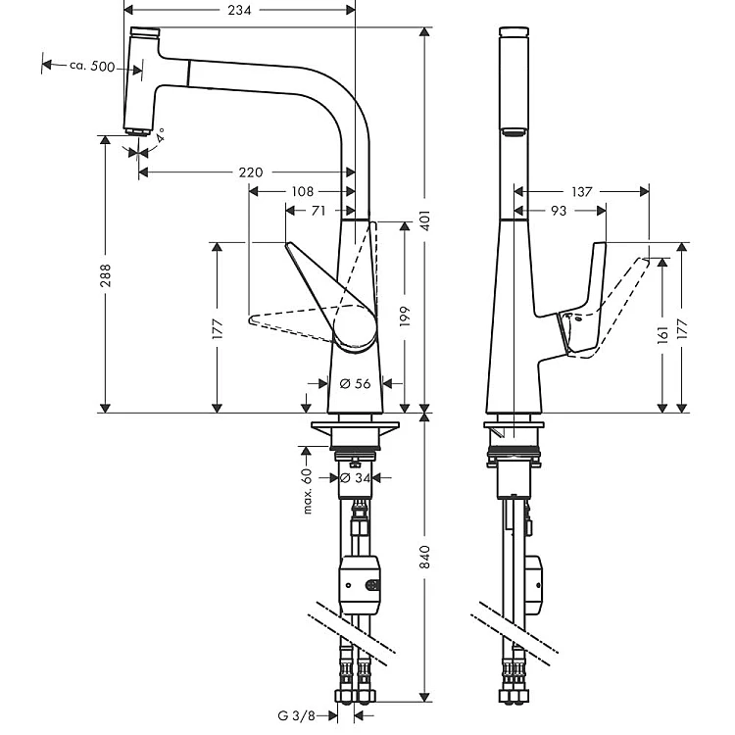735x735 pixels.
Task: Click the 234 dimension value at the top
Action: coord(239,10)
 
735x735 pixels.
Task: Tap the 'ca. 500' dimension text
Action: coord(92,66)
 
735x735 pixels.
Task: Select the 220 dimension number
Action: coord(251,172)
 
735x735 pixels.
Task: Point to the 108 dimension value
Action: coord(303,191)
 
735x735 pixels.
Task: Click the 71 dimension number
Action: coord(318,211)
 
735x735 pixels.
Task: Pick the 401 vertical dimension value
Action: coord(425,220)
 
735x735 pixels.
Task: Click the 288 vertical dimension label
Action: coord(106,275)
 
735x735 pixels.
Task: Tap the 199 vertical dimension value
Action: coord(405,317)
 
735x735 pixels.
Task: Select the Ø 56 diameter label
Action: coord(355,384)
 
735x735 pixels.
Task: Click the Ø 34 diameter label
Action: coord(355,478)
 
